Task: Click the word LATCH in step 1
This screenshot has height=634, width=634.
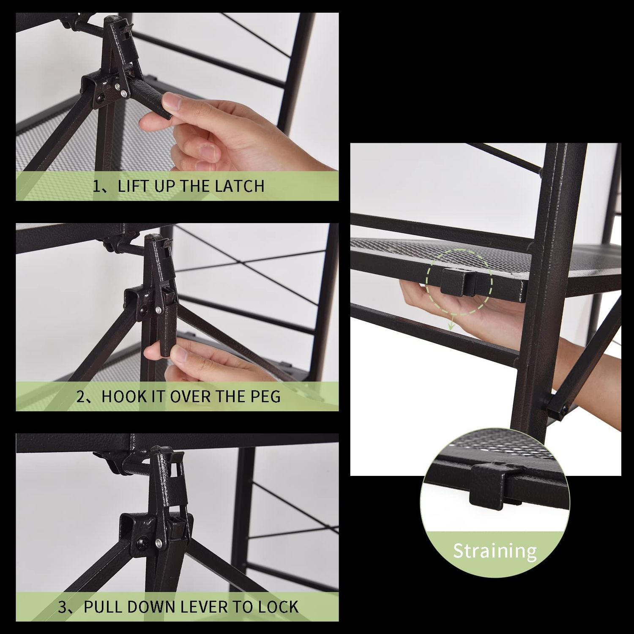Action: pos(239,186)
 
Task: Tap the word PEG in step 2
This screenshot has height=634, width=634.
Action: pos(265,396)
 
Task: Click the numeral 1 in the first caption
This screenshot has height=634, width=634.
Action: pos(97,186)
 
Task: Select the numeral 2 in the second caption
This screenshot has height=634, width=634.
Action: pos(81,396)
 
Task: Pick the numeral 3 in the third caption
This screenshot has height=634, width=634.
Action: pos(63,607)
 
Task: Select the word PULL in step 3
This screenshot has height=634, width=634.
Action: pos(104,607)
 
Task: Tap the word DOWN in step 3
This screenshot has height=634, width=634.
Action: pos(153,607)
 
